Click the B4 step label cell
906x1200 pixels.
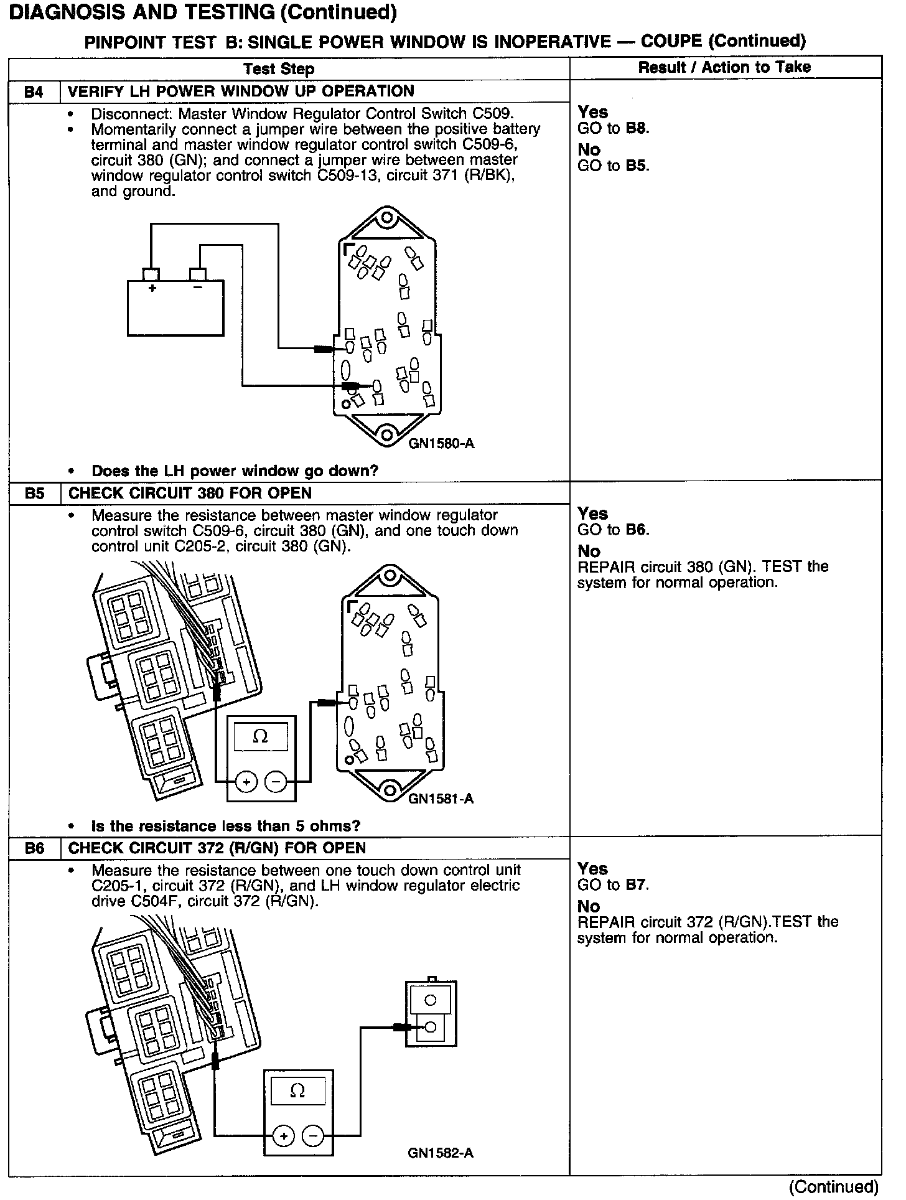coord(34,92)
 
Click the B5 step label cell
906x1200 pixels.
coord(34,494)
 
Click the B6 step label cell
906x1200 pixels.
coord(34,848)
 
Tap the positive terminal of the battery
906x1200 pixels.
coord(151,274)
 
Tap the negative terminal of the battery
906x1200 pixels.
coord(197,274)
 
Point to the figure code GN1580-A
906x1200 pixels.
coord(441,444)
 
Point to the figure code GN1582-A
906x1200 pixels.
coord(441,1153)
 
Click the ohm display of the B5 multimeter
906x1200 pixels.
coord(261,737)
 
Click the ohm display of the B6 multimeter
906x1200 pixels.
coord(298,1091)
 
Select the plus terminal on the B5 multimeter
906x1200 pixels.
coord(246,782)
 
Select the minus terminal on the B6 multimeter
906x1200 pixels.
coord(312,1137)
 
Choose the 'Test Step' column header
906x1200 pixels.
coord(279,68)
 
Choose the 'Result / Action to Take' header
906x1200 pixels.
coord(725,67)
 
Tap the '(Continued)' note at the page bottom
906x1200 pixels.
coord(833,1187)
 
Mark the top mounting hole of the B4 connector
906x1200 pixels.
coord(387,218)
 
